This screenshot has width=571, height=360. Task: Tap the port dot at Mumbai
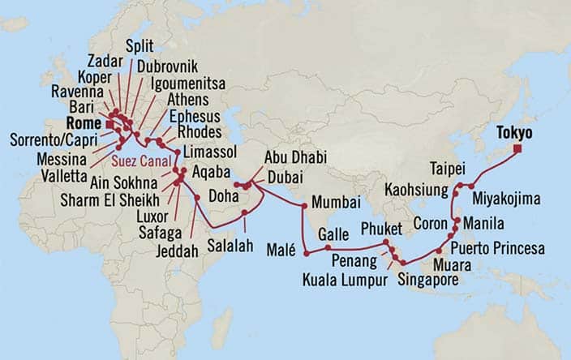point(303,206)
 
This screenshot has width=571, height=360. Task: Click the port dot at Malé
point(307,255)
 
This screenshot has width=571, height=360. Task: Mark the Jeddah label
point(179,252)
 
